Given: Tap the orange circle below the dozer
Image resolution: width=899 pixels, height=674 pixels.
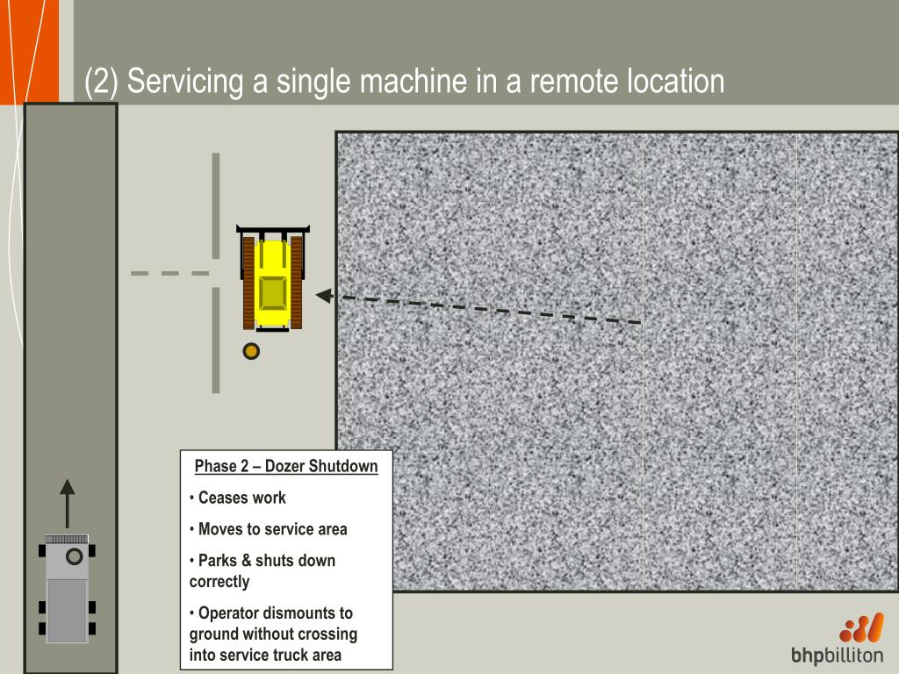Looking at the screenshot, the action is click(251, 351).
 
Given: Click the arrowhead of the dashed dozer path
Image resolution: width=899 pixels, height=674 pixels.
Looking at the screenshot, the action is click(324, 296).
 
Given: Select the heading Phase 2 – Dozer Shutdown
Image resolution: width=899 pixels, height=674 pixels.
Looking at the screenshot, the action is click(286, 466).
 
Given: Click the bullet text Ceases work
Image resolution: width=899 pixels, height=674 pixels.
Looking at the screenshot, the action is click(241, 498).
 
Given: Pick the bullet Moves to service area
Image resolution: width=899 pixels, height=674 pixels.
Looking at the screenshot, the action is click(272, 529).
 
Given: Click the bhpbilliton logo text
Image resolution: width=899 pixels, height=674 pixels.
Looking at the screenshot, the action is click(837, 656).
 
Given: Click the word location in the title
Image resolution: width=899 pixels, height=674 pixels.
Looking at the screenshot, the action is click(675, 82).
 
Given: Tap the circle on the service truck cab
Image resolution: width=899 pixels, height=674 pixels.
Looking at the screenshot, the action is click(75, 556).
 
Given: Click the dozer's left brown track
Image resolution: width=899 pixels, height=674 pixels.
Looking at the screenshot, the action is click(248, 282).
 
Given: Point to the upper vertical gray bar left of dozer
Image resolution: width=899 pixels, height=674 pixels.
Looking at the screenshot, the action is click(216, 205).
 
